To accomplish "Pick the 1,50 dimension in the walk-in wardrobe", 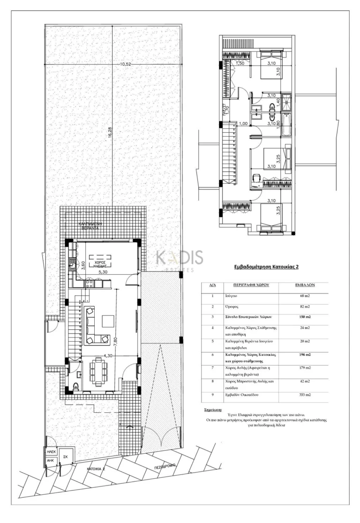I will (x=240, y=63).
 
